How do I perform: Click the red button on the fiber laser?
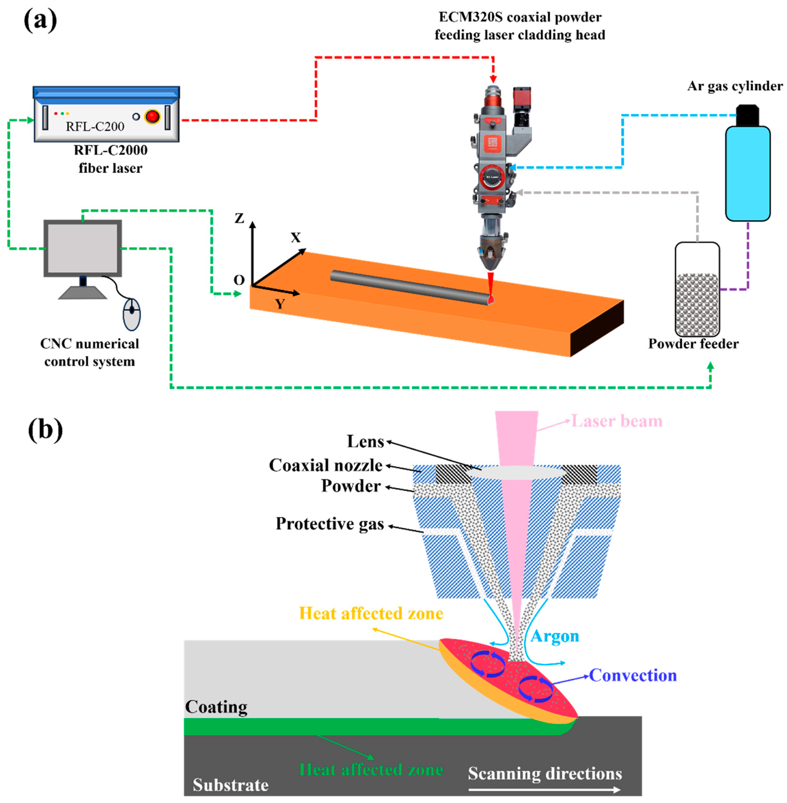click(152, 117)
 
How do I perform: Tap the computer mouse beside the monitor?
click(132, 314)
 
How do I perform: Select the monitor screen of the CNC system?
click(83, 248)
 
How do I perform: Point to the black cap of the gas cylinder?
click(747, 115)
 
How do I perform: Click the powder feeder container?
click(697, 290)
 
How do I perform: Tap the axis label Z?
click(239, 218)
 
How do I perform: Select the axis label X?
click(295, 237)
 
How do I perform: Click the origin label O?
click(239, 280)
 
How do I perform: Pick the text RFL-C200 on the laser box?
click(95, 126)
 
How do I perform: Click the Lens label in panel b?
click(365, 442)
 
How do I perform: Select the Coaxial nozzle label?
click(326, 465)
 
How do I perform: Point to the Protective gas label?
click(330, 524)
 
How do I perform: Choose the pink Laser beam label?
click(617, 421)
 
